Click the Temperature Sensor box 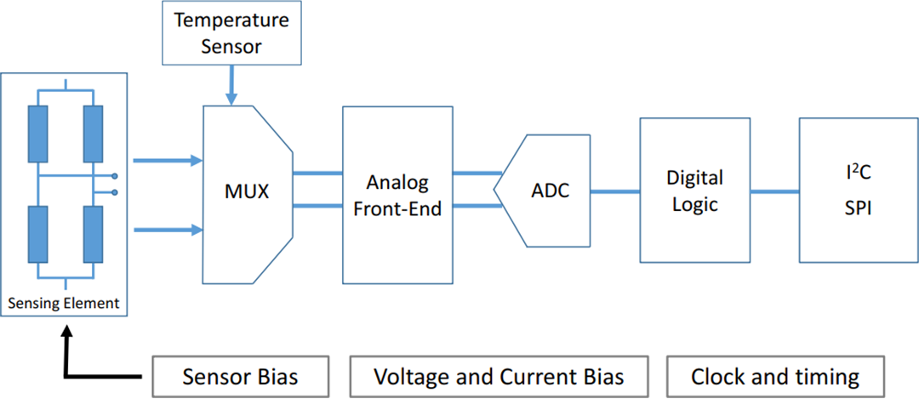(x=231, y=32)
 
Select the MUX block (x=246, y=191)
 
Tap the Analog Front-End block (x=397, y=195)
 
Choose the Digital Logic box (x=694, y=191)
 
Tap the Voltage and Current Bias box (x=499, y=376)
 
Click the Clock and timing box (x=774, y=376)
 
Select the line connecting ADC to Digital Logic (x=614, y=191)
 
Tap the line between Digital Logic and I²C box (x=774, y=191)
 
